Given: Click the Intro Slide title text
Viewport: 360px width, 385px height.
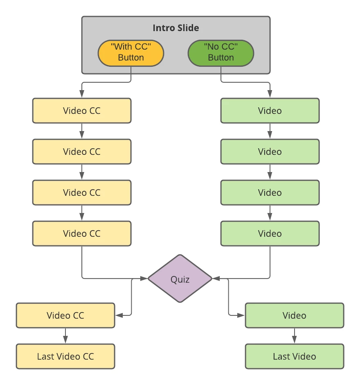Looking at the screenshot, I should pos(176,28).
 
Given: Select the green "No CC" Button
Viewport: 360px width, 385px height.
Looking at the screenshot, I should pos(221,53).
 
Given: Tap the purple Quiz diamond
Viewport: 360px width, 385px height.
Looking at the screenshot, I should pos(180,279).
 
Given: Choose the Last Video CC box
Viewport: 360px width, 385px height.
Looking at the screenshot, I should pos(65,356).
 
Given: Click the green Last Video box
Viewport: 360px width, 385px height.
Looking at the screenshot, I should pos(295,356).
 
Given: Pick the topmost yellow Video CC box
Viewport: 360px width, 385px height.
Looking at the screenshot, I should pos(82,111).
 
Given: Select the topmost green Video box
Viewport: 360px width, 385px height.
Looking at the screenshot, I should pos(270,111).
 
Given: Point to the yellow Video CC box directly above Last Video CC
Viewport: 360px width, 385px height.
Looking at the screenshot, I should pos(65,315).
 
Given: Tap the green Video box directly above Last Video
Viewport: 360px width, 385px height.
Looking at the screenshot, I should pos(295,315).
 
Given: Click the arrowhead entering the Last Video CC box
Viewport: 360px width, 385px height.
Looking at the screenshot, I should pos(65,341).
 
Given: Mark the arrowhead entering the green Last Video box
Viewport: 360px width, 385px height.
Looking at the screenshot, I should pos(295,341).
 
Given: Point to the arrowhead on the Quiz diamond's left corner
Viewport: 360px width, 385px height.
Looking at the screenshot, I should pos(144,279).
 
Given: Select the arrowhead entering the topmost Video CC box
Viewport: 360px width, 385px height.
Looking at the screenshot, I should pos(82,95).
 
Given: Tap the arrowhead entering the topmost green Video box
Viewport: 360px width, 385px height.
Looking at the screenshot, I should pos(270,95).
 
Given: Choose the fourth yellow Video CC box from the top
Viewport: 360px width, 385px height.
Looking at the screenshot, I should pos(82,233).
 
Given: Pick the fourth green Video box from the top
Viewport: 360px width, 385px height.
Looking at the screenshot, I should pos(270,233).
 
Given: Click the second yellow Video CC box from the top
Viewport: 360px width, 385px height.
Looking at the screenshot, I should pos(82,152).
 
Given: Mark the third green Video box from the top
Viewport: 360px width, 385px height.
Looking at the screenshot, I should pos(270,192).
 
